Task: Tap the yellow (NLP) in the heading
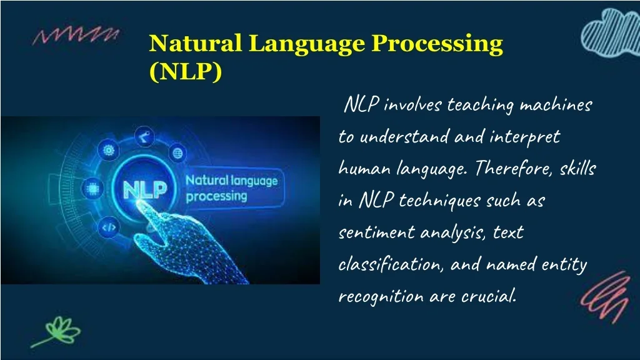coord(186,72)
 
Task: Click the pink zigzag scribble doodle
coord(76,36)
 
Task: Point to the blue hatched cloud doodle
coord(611,32)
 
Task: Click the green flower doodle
coord(57,331)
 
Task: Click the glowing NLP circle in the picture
coord(145,189)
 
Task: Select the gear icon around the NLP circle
coord(109,150)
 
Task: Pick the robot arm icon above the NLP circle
coord(144,136)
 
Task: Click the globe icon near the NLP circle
coord(177,153)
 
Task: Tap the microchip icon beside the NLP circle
coord(92,189)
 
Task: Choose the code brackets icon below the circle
coord(109,227)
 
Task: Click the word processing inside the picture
coord(216,197)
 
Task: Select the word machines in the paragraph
coord(556,106)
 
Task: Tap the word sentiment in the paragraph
coord(377,232)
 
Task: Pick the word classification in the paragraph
coord(390,264)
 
